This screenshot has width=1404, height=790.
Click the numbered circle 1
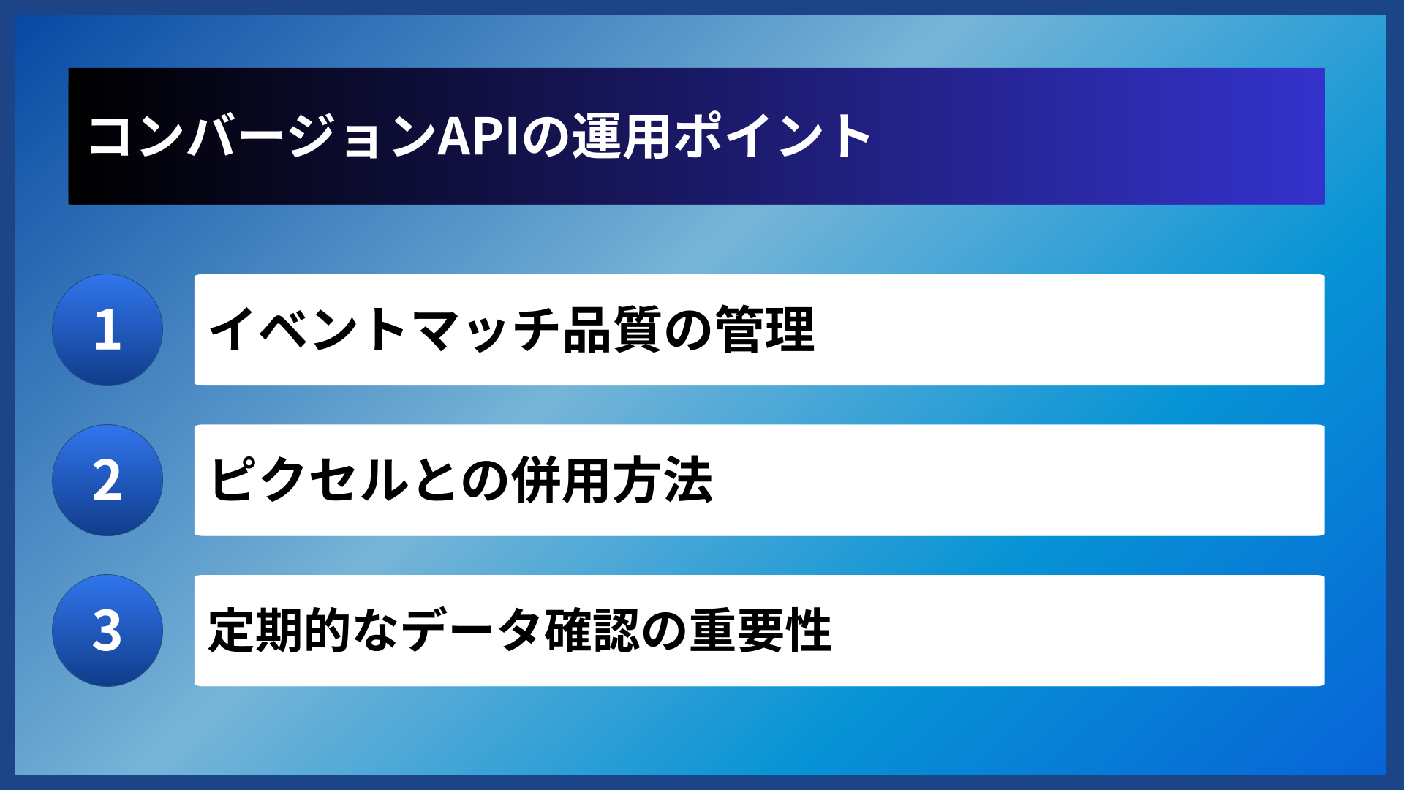[107, 330]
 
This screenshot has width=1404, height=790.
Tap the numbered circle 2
[107, 481]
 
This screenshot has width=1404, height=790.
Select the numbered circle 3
[107, 631]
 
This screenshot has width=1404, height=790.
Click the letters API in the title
[478, 136]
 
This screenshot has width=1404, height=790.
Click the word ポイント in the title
[771, 136]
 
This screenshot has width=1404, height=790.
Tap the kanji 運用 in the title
[621, 136]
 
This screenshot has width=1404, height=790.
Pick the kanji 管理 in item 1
[765, 330]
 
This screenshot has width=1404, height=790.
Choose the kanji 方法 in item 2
[663, 481]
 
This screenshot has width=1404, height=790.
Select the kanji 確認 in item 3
[593, 631]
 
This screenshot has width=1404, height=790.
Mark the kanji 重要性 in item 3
[760, 631]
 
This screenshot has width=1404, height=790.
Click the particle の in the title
[545, 136]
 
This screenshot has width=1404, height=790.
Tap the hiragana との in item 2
[461, 481]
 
